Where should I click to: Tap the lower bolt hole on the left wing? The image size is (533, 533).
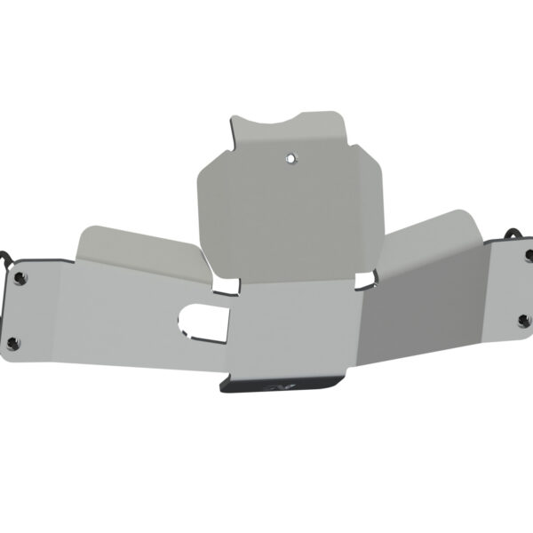[x=12, y=341]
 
